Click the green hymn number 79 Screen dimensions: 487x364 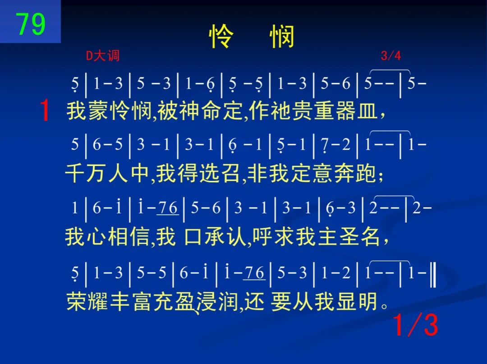[31, 24]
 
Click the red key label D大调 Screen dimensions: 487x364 [102, 56]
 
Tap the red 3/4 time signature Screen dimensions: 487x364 [391, 55]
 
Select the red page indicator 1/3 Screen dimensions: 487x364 [416, 325]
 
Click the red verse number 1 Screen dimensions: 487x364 [45, 110]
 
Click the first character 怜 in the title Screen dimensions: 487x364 [221, 37]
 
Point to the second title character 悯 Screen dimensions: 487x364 [282, 37]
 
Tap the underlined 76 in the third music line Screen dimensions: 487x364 [168, 208]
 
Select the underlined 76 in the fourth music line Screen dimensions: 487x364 [254, 273]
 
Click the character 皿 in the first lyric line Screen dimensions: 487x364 [368, 111]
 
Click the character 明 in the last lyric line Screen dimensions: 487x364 [369, 301]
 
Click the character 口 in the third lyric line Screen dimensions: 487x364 [193, 237]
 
